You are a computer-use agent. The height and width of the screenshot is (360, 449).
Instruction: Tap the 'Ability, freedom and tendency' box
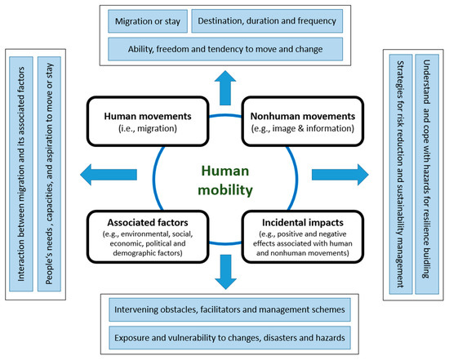click(x=224, y=48)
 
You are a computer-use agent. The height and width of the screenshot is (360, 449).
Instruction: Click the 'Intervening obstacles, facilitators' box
click(x=224, y=310)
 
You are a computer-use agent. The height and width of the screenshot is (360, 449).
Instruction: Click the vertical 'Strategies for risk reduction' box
click(x=400, y=171)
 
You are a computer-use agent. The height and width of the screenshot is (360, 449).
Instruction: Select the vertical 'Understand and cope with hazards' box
click(x=425, y=171)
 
